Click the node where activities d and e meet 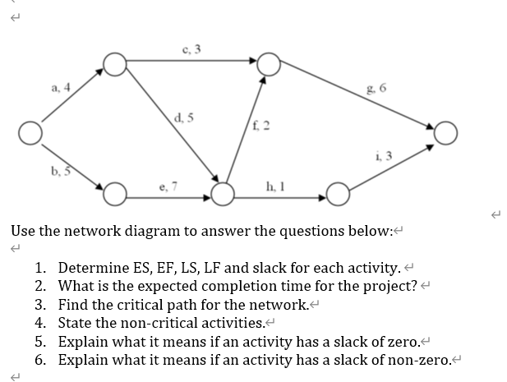point(223,195)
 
